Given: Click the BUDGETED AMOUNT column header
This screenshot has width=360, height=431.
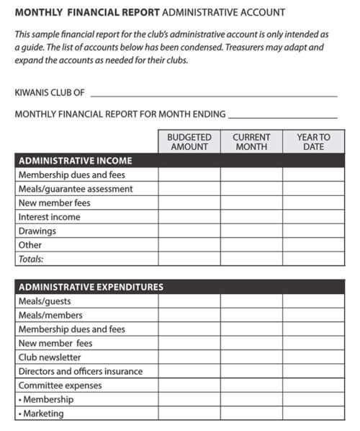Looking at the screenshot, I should [x=189, y=142].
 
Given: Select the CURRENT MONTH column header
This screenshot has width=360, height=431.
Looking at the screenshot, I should [x=251, y=142].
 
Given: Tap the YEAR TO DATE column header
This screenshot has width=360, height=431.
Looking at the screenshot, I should [x=313, y=142].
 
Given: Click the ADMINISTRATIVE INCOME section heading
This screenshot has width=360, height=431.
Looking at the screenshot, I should [x=75, y=161].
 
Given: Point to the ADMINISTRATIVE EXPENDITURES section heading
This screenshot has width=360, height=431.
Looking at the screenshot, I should [x=91, y=287].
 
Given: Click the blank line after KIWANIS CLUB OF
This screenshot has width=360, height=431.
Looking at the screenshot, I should [x=214, y=94].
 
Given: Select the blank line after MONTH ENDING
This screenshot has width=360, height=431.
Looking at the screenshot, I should [x=282, y=115].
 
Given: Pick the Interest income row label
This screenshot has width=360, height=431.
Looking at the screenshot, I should [x=49, y=217].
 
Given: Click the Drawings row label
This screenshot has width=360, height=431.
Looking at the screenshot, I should [x=37, y=231].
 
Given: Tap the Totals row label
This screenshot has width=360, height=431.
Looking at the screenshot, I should [x=30, y=259].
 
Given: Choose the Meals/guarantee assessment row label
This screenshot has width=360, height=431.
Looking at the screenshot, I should [x=76, y=189].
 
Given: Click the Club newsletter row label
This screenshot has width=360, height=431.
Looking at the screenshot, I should [x=50, y=357].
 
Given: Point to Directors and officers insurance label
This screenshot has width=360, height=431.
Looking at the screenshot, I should [x=81, y=371].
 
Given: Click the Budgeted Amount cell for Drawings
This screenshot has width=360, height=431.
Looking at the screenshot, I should [x=189, y=231].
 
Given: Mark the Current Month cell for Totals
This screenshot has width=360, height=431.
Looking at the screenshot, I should [x=251, y=259].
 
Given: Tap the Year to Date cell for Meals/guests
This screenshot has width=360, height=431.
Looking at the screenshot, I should [x=313, y=301].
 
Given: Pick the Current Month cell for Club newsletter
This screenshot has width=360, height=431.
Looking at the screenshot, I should [x=251, y=357].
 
